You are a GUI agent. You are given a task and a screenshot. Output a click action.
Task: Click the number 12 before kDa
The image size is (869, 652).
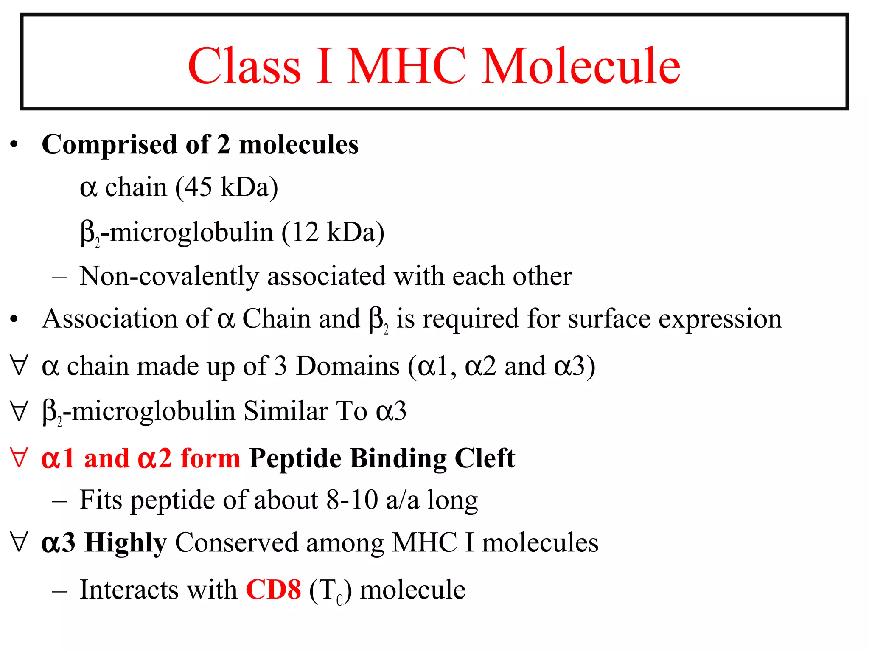pyautogui.click(x=305, y=232)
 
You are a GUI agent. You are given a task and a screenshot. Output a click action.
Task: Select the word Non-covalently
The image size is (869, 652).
pyautogui.click(x=169, y=276)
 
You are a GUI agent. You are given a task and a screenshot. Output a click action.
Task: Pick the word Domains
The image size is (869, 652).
pyautogui.click(x=348, y=366)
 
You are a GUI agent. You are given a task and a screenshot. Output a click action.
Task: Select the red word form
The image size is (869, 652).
pyautogui.click(x=210, y=458)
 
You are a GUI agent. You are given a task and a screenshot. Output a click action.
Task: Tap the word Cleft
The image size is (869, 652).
pyautogui.click(x=485, y=458)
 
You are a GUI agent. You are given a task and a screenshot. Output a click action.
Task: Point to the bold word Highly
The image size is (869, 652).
pyautogui.click(x=126, y=543)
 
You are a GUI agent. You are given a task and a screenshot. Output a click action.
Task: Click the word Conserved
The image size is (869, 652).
pyautogui.click(x=236, y=542)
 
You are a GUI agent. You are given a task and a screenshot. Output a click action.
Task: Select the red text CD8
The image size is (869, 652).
pyautogui.click(x=273, y=590)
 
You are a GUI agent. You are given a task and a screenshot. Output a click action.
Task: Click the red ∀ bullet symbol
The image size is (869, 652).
pyautogui.click(x=19, y=458)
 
